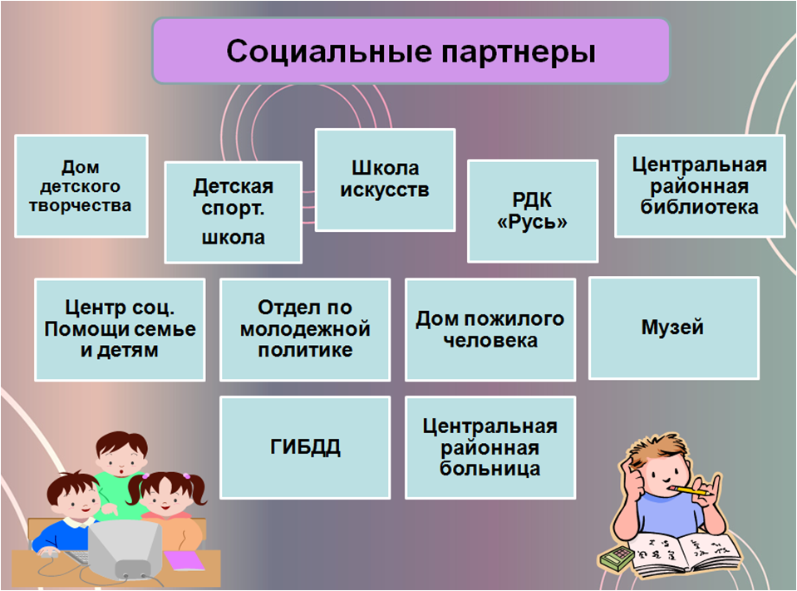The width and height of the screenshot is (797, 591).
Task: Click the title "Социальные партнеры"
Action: coord(411,51)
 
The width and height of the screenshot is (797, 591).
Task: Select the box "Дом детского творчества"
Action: coord(81,186)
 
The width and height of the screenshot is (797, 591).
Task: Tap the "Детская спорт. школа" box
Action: coord(234,213)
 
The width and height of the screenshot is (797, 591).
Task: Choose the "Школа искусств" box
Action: coord(385,180)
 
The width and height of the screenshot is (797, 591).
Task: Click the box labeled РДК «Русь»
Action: coord(532,211)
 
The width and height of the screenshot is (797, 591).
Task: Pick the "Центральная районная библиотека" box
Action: coord(700,186)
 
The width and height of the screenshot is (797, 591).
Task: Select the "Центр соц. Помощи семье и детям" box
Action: coord(120,329)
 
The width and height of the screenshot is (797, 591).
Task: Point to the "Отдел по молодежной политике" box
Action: coord(305,329)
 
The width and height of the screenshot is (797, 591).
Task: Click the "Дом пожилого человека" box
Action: coord(490,329)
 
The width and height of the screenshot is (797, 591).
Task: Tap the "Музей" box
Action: coord(673,328)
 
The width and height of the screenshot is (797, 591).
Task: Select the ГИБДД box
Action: coord(305,447)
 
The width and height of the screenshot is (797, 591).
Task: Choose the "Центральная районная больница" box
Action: coord(490,447)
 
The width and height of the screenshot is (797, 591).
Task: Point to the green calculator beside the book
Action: coord(617,558)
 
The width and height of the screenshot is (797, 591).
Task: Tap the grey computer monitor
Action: coord(127,549)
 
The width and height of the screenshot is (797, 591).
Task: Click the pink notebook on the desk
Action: coord(184,560)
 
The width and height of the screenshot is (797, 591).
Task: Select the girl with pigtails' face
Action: coord(166,498)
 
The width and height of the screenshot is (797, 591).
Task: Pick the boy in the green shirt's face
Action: coord(121,460)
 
